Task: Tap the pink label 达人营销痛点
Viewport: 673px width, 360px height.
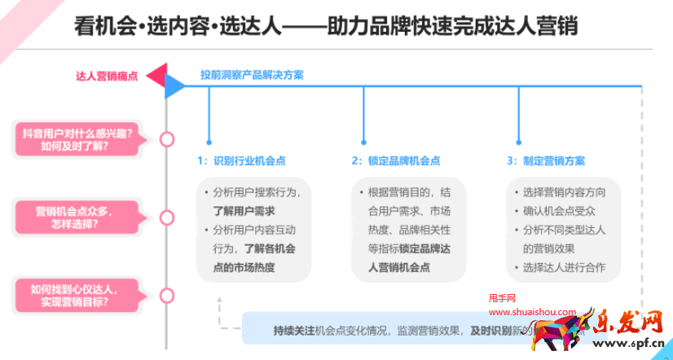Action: pos(107,77)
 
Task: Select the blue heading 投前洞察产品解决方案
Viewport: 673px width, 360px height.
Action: pos(252,75)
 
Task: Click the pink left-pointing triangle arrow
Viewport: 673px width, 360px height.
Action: pos(156,74)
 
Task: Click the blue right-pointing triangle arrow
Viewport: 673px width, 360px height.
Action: pos(174,86)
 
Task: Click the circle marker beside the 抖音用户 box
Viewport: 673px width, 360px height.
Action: pos(167,139)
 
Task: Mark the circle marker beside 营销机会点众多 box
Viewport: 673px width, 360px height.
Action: pos(167,217)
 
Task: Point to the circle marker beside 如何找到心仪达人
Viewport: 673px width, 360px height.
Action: pos(167,295)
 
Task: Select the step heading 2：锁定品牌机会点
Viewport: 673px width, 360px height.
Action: pos(397,161)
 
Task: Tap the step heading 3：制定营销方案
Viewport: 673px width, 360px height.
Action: pos(546,161)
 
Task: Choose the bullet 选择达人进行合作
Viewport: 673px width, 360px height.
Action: pos(565,266)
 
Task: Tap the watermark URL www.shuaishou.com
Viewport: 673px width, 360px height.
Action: pos(531,310)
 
